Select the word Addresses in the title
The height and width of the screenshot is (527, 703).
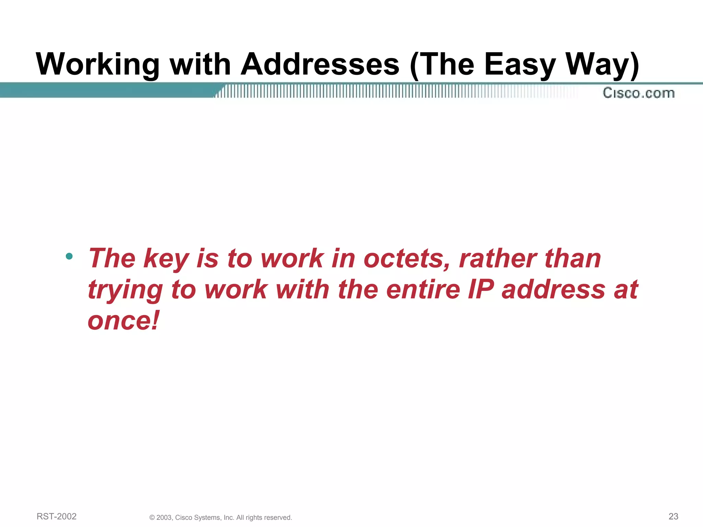pos(320,65)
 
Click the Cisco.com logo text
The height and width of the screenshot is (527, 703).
pos(638,93)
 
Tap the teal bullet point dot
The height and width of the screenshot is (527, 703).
pos(69,256)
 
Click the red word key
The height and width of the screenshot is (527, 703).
pos(166,259)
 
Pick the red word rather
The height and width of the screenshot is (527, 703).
pos(498,258)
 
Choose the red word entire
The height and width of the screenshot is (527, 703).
pos(423,289)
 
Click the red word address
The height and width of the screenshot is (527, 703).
pos(553,289)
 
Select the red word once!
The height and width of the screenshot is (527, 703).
pos(124,320)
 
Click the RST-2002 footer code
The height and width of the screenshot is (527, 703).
pos(57,516)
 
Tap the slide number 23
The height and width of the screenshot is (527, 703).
pos(673,516)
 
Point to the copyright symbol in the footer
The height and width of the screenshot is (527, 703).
pos(152,518)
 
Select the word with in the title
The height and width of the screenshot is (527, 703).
pos(200,65)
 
